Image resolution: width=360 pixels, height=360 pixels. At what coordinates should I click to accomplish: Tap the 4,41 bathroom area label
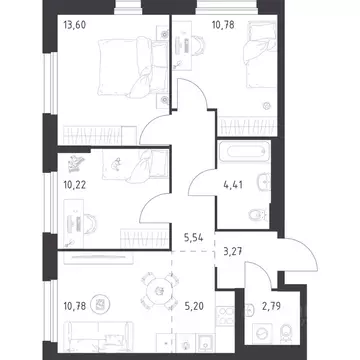click(x=233, y=184)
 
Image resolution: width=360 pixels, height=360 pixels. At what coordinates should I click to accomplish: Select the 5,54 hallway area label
click(x=194, y=238)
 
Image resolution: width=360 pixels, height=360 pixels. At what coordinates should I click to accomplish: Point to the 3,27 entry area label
click(x=232, y=251)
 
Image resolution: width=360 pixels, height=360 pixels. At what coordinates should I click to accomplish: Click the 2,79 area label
click(x=271, y=307)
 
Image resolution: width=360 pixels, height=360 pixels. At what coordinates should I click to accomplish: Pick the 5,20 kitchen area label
click(x=194, y=305)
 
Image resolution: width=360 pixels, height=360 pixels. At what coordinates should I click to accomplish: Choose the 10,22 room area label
click(x=75, y=185)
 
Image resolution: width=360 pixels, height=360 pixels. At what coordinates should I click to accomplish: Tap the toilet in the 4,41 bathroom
click(x=259, y=215)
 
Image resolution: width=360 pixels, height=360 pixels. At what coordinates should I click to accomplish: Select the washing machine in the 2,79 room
click(x=262, y=333)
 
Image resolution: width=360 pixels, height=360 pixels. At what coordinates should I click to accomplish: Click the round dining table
click(x=160, y=291)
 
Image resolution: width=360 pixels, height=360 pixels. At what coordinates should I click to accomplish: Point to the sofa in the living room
click(x=99, y=336)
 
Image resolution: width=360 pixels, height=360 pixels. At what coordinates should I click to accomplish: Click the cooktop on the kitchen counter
click(x=225, y=316)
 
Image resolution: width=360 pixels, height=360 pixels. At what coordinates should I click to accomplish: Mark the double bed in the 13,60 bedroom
click(x=133, y=68)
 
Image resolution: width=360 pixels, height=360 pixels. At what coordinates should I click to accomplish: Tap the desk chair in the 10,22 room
click(x=90, y=223)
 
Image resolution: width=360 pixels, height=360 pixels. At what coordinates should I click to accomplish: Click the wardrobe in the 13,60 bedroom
click(x=100, y=135)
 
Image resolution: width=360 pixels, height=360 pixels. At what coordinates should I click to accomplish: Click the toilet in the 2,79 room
click(x=286, y=332)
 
